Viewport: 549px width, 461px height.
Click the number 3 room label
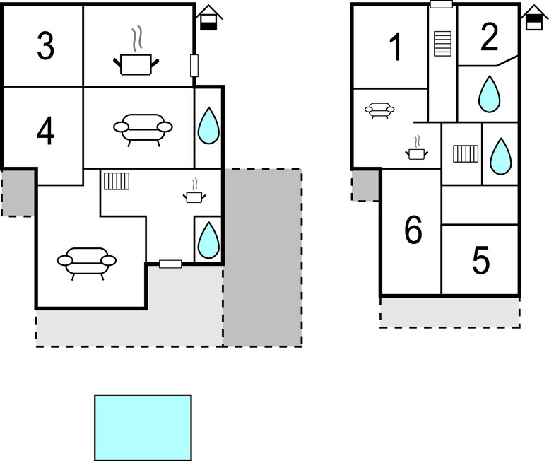click(x=45, y=47)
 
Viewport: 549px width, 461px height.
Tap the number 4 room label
click(x=45, y=132)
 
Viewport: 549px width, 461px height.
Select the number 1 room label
click(x=396, y=48)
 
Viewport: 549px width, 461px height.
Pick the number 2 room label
click(x=489, y=38)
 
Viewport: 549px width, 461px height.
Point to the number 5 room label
click(x=480, y=261)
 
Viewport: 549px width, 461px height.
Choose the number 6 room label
click(x=413, y=230)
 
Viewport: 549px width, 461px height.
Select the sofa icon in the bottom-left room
click(x=86, y=262)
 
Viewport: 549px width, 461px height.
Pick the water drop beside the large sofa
click(x=208, y=126)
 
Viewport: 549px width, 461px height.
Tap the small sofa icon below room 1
click(x=379, y=110)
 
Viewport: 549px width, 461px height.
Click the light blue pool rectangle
click(x=143, y=427)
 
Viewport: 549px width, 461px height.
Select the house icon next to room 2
click(x=533, y=18)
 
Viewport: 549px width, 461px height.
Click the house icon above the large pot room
click(x=208, y=18)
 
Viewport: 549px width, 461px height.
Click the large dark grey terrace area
click(x=262, y=257)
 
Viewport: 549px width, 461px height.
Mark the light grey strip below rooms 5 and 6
click(x=449, y=312)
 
